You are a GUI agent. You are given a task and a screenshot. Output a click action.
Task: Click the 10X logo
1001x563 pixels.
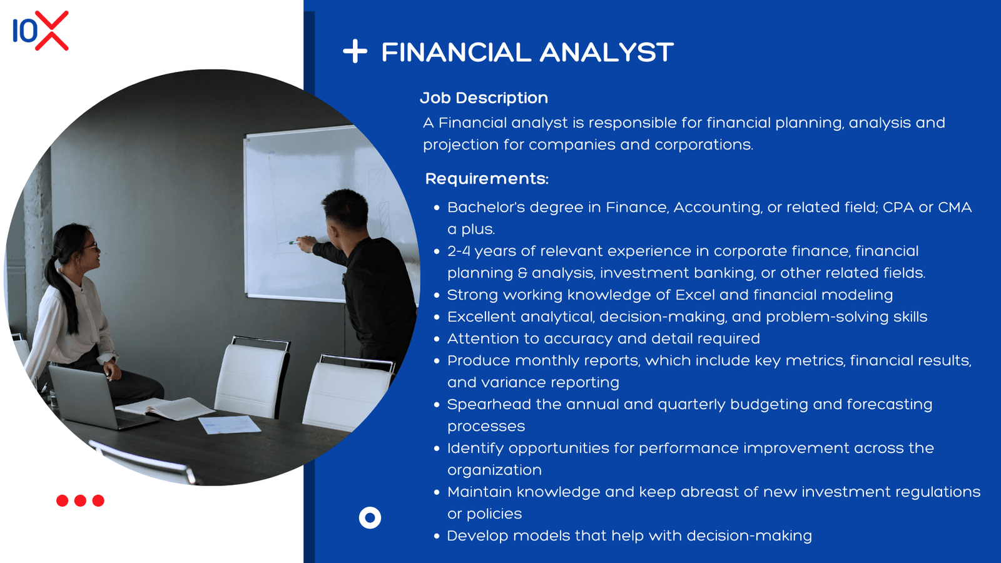pyautogui.click(x=41, y=31)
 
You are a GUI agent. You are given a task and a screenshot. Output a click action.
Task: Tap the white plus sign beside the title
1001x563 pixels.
pyautogui.click(x=355, y=51)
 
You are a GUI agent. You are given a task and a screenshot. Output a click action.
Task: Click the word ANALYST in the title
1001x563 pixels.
pyautogui.click(x=607, y=53)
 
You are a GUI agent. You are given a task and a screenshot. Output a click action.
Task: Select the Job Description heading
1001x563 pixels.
pyautogui.click(x=484, y=98)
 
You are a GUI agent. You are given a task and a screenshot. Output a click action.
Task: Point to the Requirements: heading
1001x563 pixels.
pyautogui.click(x=487, y=179)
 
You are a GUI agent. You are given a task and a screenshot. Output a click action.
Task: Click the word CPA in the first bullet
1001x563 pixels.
pyautogui.click(x=898, y=207)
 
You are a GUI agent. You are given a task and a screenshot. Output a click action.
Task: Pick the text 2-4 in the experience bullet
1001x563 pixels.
pyautogui.click(x=459, y=251)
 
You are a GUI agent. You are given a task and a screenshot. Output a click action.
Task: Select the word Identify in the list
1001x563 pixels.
pyautogui.click(x=475, y=449)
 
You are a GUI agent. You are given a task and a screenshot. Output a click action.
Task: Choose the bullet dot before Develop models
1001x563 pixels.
pyautogui.click(x=437, y=536)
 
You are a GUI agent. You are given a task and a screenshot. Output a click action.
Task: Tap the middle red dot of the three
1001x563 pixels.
pyautogui.click(x=81, y=500)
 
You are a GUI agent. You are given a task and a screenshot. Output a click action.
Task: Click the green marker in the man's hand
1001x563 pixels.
pyautogui.click(x=293, y=243)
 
